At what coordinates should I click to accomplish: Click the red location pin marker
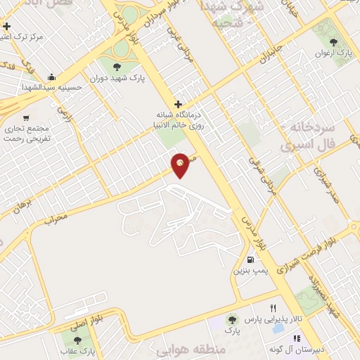click(x=181, y=165)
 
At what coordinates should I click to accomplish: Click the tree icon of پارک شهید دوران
click(x=117, y=67)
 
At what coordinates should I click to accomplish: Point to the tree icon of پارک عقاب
click(x=77, y=340)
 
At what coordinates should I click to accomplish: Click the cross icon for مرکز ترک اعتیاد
click(x=7, y=27)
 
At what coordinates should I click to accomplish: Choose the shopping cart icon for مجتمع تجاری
click(x=26, y=118)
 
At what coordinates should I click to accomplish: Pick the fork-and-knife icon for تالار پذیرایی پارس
click(x=273, y=309)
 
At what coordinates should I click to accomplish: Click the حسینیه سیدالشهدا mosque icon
click(x=50, y=77)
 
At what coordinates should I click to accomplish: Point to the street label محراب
click(x=56, y=219)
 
